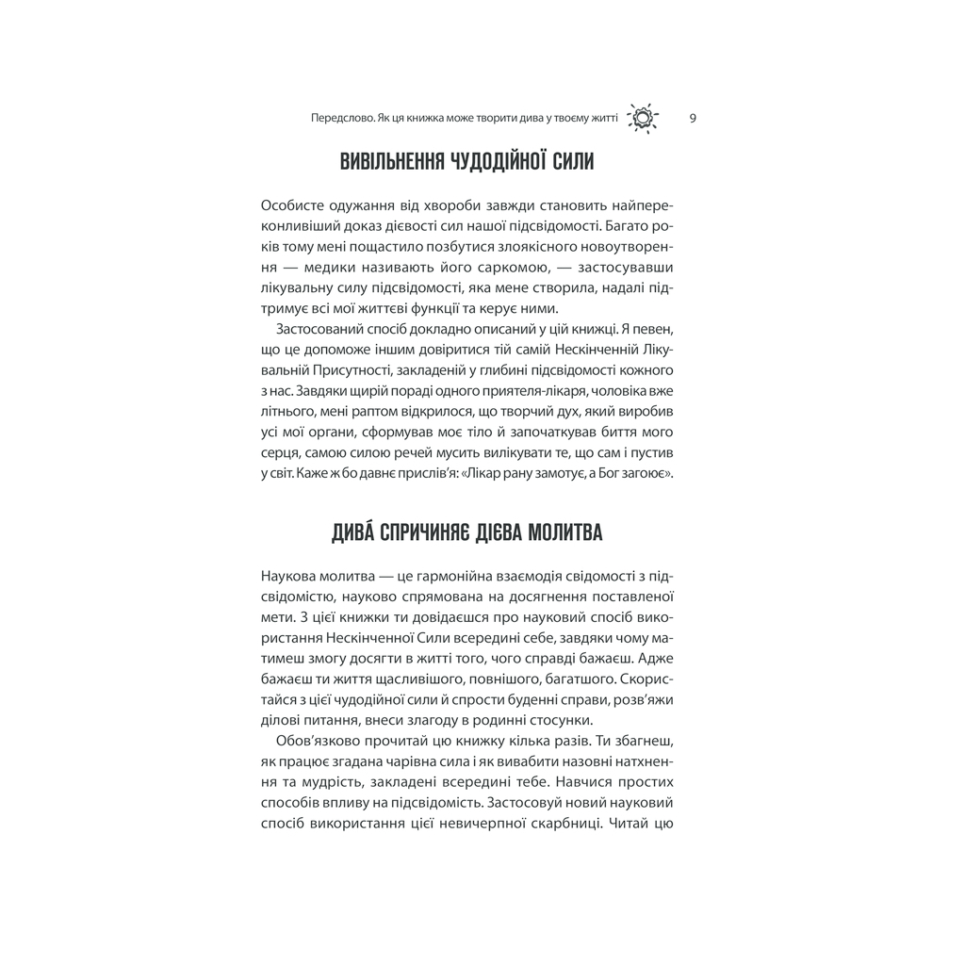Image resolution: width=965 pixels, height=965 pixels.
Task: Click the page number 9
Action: [693, 118]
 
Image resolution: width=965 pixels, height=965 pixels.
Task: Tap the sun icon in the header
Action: [643, 118]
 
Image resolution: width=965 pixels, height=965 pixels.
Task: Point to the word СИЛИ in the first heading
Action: [567, 161]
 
